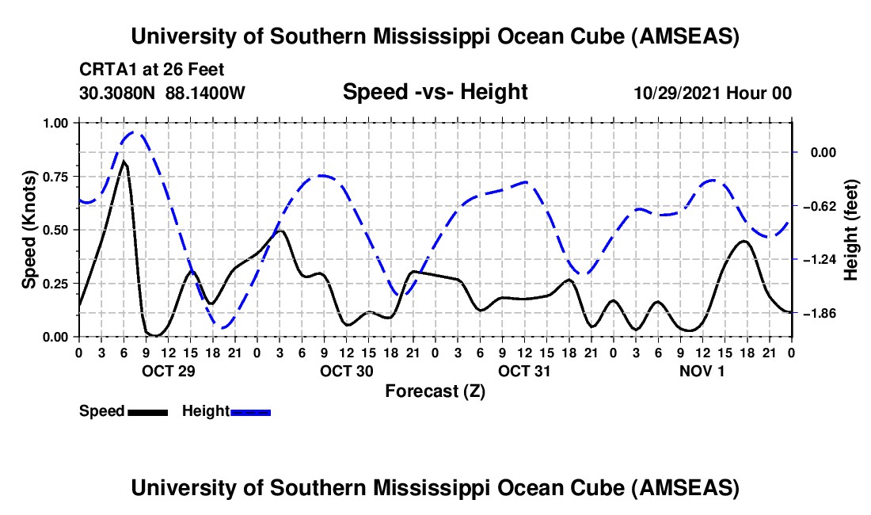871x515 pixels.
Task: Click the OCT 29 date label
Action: click(168, 370)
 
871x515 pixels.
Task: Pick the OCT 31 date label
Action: click(524, 370)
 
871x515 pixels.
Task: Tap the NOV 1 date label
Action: click(702, 370)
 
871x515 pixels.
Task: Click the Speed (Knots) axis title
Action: click(29, 230)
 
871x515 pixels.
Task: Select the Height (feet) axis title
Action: click(851, 230)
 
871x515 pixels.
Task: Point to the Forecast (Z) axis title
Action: click(435, 391)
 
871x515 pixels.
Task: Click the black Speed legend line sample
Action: click(147, 412)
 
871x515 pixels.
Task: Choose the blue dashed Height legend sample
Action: click(250, 412)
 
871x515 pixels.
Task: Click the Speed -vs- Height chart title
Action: click(435, 93)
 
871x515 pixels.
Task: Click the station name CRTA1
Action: click(104, 70)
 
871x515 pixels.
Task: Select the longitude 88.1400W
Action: click(206, 93)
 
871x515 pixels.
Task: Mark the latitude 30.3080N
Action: click(118, 93)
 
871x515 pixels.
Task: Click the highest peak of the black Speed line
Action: click(124, 162)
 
